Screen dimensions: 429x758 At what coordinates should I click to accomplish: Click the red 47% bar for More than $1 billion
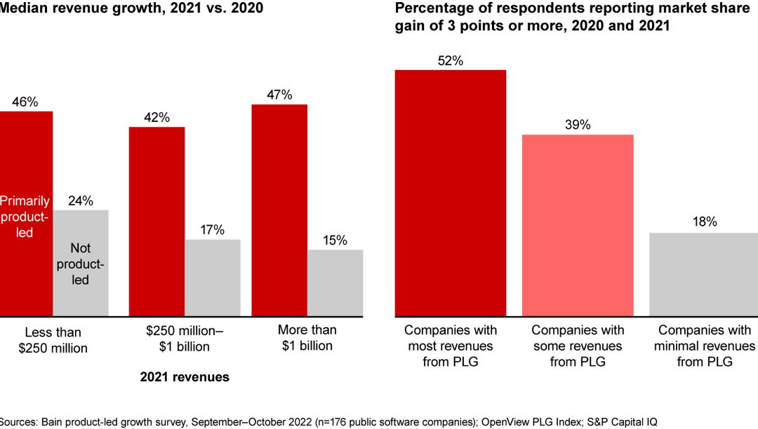tap(279, 210)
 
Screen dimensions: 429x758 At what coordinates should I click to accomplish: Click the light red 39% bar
tap(578, 224)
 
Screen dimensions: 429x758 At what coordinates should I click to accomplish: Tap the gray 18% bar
tap(703, 273)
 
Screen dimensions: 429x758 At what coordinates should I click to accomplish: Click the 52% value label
tap(451, 61)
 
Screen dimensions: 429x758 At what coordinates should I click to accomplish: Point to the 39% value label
tap(578, 125)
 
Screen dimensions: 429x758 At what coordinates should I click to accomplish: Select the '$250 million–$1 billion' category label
tap(184, 338)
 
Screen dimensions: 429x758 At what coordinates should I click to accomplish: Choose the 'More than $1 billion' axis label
tap(307, 338)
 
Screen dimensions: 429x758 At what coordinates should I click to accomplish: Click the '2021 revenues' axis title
tap(185, 377)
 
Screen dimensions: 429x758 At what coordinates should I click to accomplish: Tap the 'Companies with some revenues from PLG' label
tap(577, 346)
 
